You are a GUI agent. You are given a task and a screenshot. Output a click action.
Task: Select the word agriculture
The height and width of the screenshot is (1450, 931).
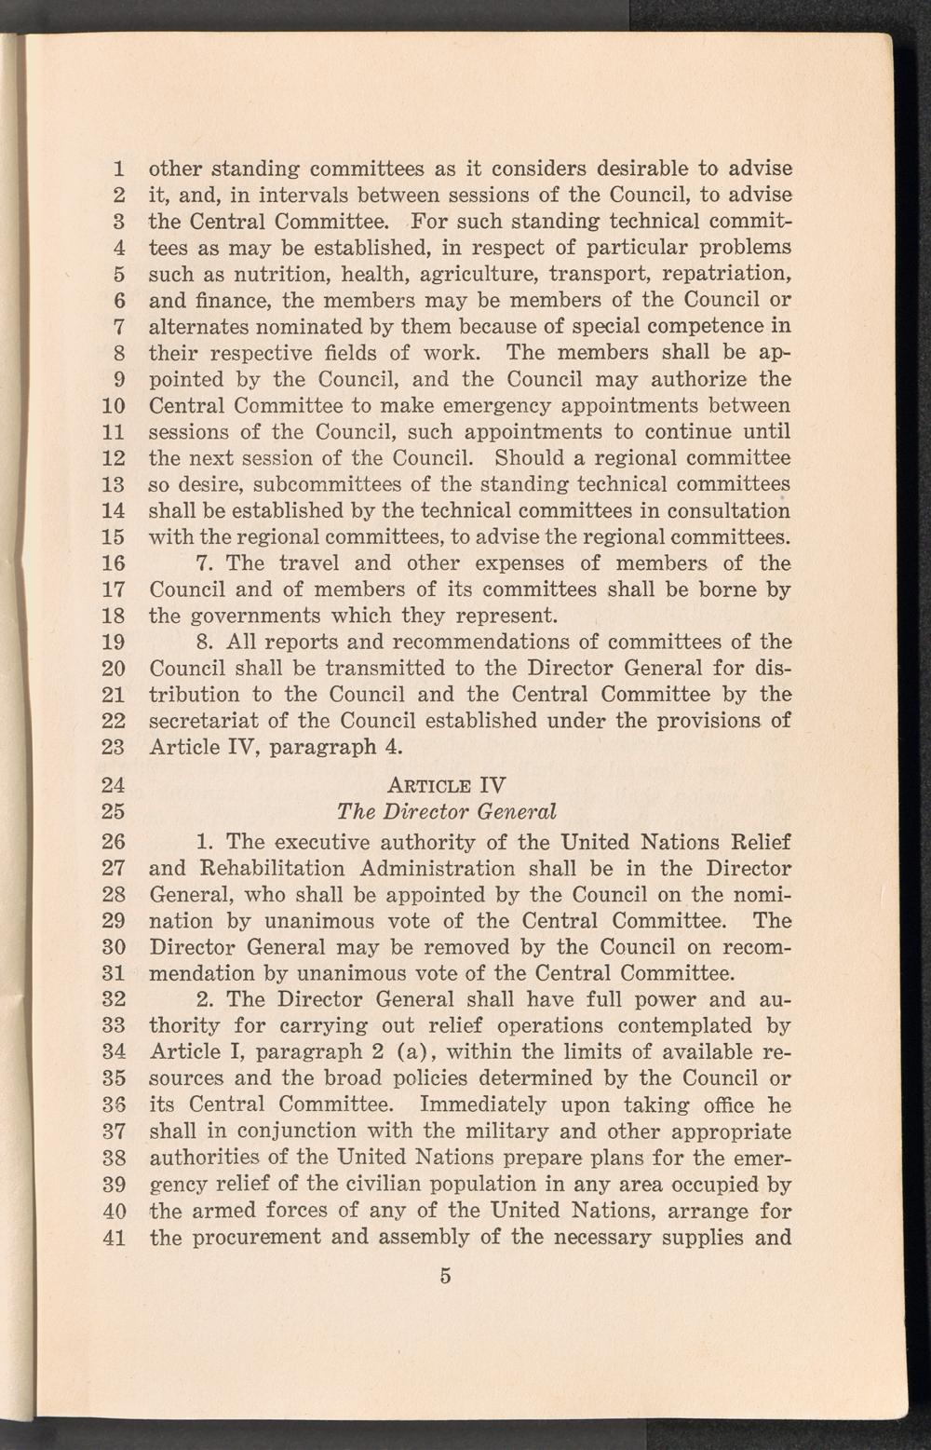(x=479, y=275)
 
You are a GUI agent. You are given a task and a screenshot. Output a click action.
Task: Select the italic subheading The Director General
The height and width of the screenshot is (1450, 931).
(x=447, y=810)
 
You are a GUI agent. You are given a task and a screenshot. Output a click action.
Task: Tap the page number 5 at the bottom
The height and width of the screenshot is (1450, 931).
(x=446, y=1276)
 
